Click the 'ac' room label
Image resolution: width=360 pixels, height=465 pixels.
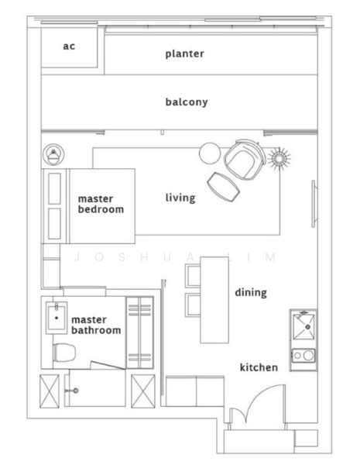click(69, 46)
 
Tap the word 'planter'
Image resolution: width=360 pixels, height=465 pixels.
click(184, 53)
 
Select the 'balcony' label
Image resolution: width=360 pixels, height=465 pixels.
click(187, 102)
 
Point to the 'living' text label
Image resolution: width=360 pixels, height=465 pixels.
click(180, 198)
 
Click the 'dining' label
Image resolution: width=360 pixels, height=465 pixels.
click(251, 292)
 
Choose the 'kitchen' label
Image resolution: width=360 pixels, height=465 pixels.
click(259, 367)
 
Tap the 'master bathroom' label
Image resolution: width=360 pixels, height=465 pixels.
click(96, 325)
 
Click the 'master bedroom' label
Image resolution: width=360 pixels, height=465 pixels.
click(101, 204)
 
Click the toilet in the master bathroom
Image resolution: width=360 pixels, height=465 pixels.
click(64, 353)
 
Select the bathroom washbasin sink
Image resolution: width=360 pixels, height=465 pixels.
click(57, 318)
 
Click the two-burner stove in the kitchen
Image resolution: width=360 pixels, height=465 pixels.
click(303, 355)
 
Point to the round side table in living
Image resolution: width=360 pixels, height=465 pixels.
click(210, 153)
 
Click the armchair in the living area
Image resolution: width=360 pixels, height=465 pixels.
click(245, 159)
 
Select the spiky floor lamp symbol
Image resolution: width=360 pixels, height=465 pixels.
click(279, 158)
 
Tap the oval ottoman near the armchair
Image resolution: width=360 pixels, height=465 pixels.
click(224, 187)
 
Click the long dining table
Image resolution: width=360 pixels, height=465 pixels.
click(214, 300)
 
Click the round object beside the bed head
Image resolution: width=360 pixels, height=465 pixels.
click(53, 154)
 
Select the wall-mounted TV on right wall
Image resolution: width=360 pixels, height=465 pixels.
click(314, 204)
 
